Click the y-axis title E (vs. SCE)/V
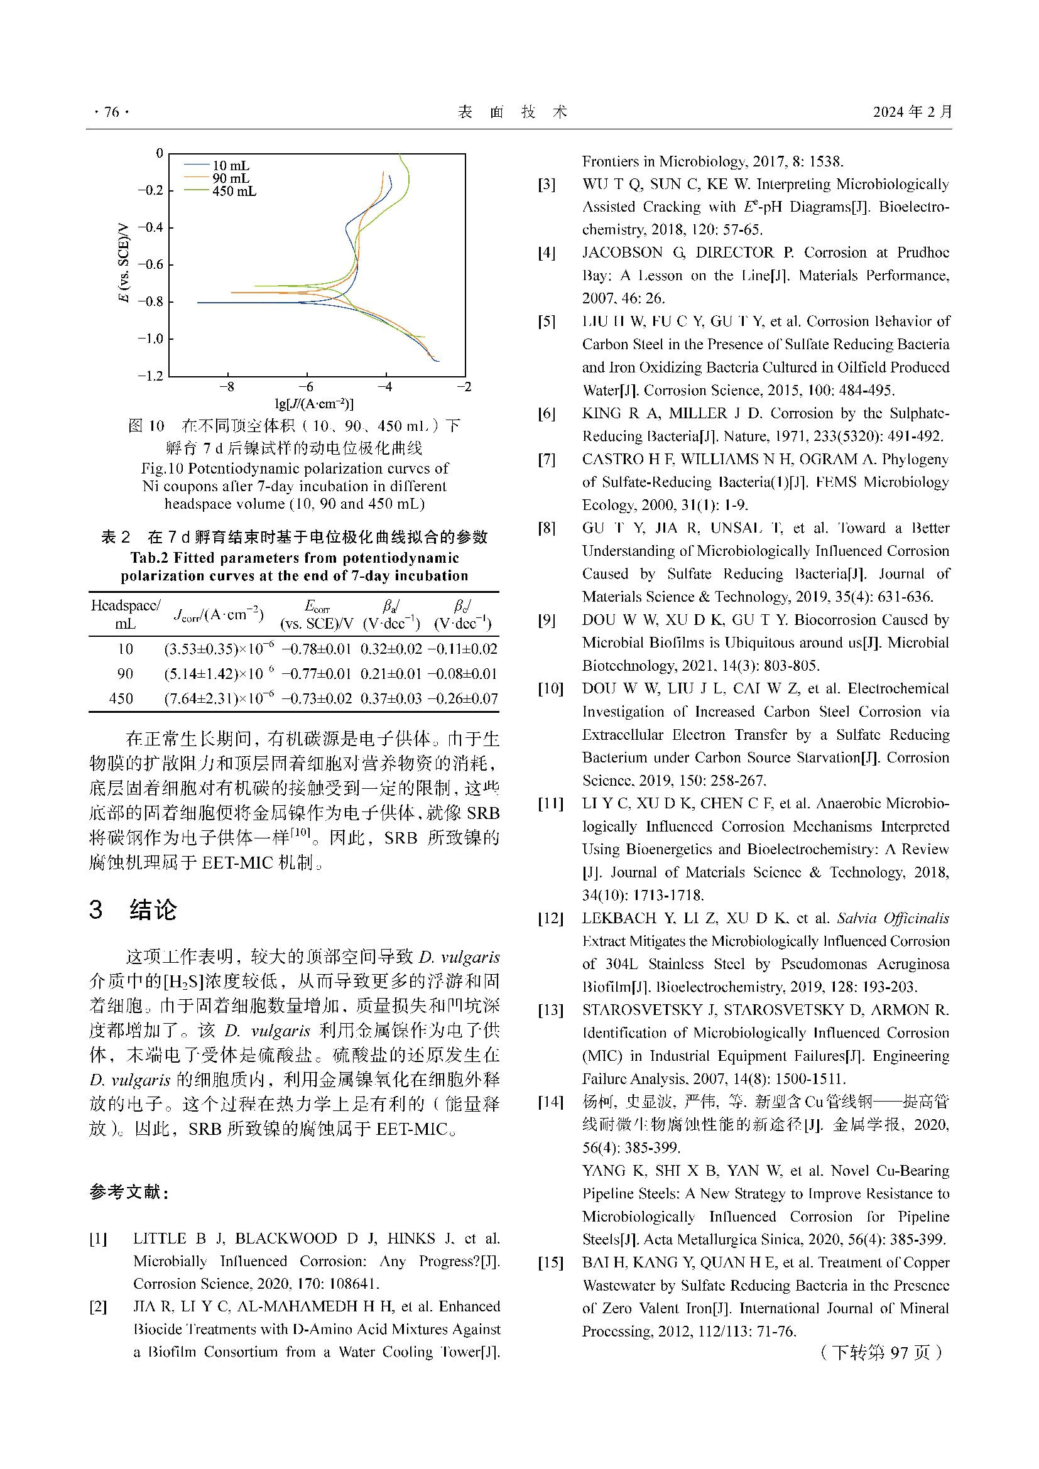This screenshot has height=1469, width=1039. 124,263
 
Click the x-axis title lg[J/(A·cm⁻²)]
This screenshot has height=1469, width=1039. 314,404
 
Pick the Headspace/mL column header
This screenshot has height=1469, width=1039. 126,614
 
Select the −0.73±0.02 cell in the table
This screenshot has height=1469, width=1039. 317,698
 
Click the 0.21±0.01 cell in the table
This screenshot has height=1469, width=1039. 391,674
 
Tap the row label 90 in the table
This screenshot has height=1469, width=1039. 126,674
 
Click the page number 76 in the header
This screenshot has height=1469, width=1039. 111,112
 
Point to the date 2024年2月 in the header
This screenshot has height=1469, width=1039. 912,112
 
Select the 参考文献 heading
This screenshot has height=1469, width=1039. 129,1193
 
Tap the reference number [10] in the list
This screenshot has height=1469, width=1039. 550,689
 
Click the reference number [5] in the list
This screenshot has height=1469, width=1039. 547,322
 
